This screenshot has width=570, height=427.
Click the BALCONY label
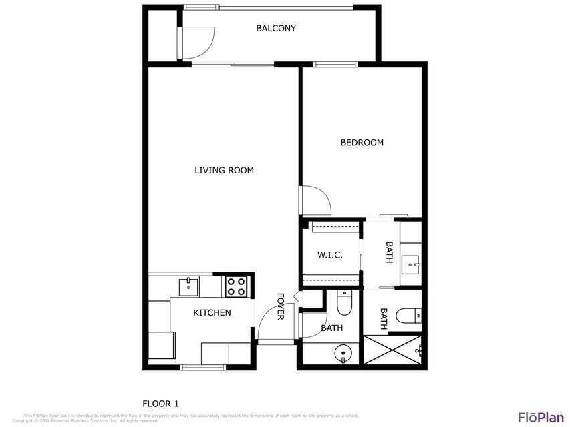(x=275, y=29)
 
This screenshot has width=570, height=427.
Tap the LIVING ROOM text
(x=224, y=171)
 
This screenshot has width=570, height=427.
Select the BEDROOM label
(x=362, y=143)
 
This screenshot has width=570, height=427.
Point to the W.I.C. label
(x=329, y=255)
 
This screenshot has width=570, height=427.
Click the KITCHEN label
(x=212, y=313)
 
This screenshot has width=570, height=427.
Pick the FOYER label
(x=281, y=306)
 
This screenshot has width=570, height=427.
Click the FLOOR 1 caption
(x=160, y=404)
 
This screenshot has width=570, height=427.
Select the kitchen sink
(x=188, y=286)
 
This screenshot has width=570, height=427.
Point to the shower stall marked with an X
(x=392, y=350)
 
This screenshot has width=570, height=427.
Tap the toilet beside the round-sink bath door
(x=344, y=304)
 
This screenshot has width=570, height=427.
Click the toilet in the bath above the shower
(x=408, y=314)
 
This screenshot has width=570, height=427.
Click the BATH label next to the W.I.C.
(x=389, y=252)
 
